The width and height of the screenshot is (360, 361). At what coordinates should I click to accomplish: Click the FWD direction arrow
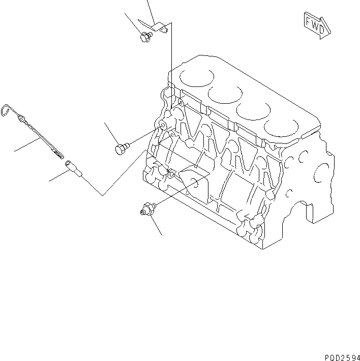316,25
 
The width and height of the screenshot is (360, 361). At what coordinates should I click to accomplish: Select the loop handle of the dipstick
7,110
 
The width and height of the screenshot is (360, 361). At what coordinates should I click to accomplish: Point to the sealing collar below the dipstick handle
22,120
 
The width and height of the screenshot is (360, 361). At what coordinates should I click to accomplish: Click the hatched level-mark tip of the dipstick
57,150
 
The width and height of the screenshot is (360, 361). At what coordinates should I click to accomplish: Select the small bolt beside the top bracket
145,36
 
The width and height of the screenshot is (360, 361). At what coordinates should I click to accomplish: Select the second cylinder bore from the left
225,94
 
